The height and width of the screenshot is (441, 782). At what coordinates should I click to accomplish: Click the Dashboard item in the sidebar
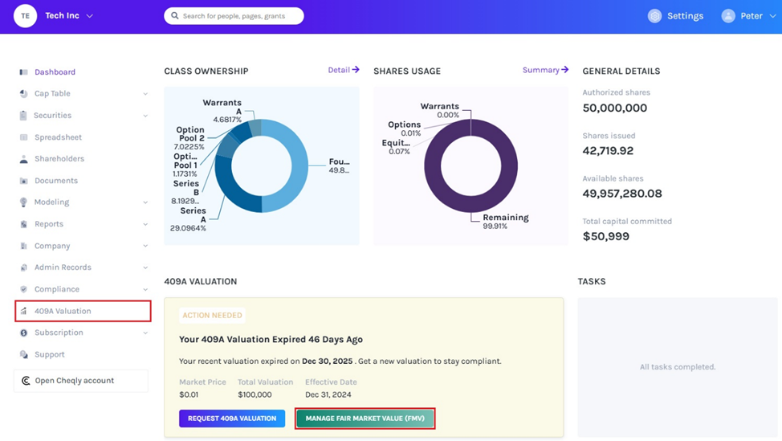55,72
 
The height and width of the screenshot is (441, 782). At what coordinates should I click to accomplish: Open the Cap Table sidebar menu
52,94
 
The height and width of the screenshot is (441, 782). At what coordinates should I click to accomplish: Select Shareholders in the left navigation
59,159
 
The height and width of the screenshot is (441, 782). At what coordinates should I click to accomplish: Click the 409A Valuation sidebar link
63,311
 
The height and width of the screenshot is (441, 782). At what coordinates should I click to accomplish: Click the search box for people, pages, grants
234,16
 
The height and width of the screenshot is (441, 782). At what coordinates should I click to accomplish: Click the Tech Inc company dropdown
68,16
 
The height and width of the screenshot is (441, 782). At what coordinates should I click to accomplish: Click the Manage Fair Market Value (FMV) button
365,419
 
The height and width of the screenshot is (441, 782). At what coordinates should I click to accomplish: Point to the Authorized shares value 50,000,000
614,108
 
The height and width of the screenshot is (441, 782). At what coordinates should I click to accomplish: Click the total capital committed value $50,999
605,236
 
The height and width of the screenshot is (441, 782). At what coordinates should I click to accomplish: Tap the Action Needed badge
211,316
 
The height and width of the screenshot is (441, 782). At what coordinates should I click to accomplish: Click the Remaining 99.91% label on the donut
505,222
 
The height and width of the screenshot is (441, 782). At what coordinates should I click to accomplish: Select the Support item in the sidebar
49,354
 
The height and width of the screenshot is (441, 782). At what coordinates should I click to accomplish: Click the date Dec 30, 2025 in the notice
328,361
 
